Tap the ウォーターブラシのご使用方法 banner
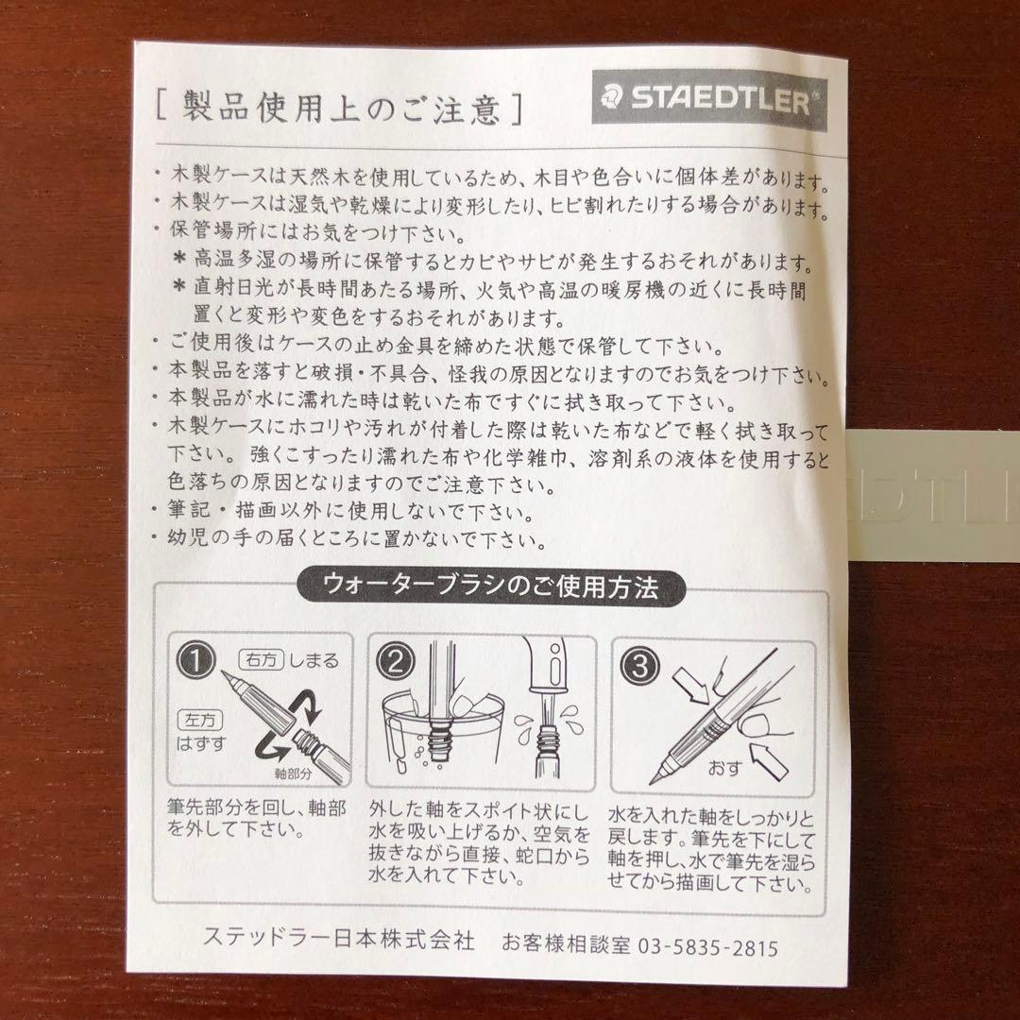pyautogui.click(x=491, y=587)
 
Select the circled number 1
pyautogui.click(x=195, y=661)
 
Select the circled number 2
pyautogui.click(x=396, y=661)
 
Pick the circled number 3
pyautogui.click(x=638, y=666)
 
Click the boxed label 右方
pyautogui.click(x=262, y=660)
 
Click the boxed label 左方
pyautogui.click(x=199, y=720)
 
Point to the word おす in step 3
pyautogui.click(x=725, y=768)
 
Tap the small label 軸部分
pyautogui.click(x=294, y=773)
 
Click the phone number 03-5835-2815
pyautogui.click(x=707, y=947)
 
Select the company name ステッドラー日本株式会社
pyautogui.click(x=339, y=939)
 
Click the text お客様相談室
pyautogui.click(x=566, y=943)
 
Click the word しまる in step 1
pyautogui.click(x=314, y=661)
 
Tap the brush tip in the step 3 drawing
pyautogui.click(x=658, y=776)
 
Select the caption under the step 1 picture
pyautogui.click(x=256, y=818)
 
